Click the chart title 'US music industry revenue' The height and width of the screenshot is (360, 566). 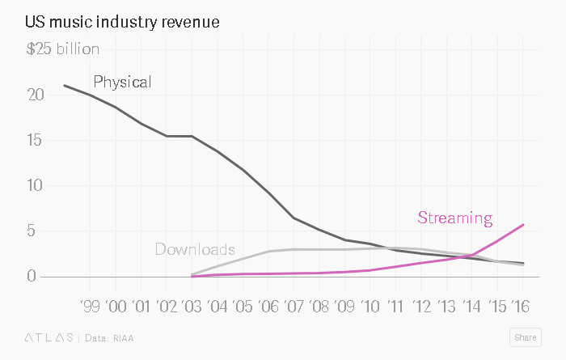coord(122,19)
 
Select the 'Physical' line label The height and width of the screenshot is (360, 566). coord(122,82)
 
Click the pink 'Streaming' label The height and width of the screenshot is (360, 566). coord(454,218)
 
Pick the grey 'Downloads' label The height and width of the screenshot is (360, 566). coord(195,249)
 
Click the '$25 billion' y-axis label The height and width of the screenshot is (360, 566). coord(63,49)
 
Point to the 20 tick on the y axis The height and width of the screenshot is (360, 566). coord(34,95)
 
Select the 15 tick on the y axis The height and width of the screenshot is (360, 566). coord(35,140)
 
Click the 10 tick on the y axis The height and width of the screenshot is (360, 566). coord(35,185)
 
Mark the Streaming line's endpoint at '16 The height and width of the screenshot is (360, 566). coord(523,224)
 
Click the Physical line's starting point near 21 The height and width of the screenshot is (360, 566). coord(65,85)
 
